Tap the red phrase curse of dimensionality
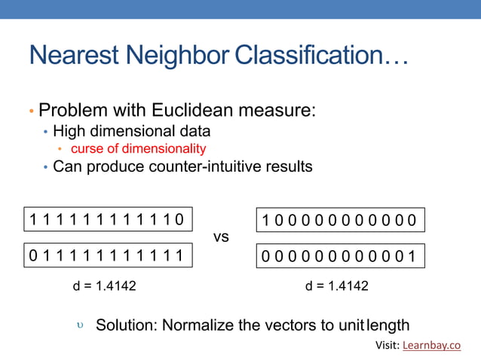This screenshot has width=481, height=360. point(138,148)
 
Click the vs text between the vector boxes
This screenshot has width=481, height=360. point(221,237)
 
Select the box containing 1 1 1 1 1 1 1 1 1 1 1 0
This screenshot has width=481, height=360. point(107,219)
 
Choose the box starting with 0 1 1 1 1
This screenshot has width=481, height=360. point(107,256)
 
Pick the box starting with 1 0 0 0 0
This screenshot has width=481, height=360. point(341,219)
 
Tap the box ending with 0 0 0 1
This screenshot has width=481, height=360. point(341,256)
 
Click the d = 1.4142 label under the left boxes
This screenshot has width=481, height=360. point(104,286)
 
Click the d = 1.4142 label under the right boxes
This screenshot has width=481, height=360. point(337,286)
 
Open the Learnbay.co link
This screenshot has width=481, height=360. point(431,346)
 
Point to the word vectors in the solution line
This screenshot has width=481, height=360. point(290,325)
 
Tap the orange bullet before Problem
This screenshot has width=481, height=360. point(32,111)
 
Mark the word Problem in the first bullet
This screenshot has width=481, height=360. point(71,111)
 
